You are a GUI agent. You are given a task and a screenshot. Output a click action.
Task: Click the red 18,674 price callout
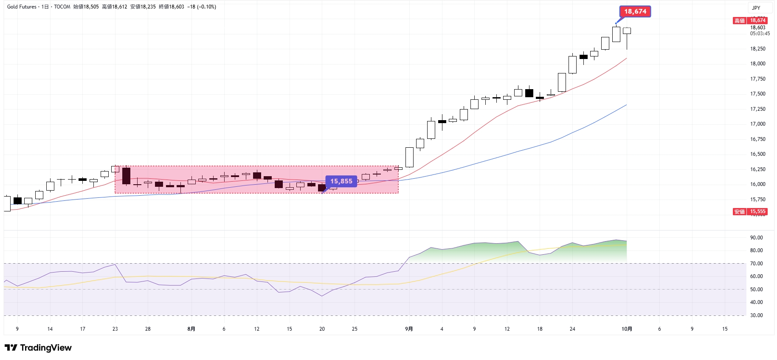coord(635,11)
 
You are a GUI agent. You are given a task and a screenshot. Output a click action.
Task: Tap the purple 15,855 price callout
coord(341,181)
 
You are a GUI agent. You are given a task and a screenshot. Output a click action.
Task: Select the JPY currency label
coord(756,8)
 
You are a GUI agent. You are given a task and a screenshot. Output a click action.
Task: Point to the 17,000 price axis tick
coord(757,124)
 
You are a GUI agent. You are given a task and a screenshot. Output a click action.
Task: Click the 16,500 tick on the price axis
coord(757,154)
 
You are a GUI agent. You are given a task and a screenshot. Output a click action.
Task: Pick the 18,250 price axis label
coord(757,49)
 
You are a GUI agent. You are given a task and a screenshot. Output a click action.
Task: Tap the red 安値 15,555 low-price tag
coord(750,211)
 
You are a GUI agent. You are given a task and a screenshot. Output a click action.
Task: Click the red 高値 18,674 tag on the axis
coord(750,20)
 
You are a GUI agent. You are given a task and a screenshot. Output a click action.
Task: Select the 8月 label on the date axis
coord(191,329)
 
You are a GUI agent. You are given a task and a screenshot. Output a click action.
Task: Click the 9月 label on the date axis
coord(409,329)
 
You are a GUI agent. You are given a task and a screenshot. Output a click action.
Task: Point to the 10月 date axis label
coord(627,329)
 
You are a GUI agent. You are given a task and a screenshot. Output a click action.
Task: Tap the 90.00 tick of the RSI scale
coord(756,238)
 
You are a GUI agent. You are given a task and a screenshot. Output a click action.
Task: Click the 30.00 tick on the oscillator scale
coord(756,315)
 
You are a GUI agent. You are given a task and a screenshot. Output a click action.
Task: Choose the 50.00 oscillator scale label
coord(756,290)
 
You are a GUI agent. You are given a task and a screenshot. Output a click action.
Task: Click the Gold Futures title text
coord(22,7)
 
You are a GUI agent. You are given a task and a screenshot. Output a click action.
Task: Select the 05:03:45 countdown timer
coord(760,34)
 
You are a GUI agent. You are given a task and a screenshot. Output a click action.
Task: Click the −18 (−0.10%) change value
coord(202,7)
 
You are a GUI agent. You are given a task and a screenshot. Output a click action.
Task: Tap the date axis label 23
coord(115,329)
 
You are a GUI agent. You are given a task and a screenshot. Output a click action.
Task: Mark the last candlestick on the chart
coord(627,31)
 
